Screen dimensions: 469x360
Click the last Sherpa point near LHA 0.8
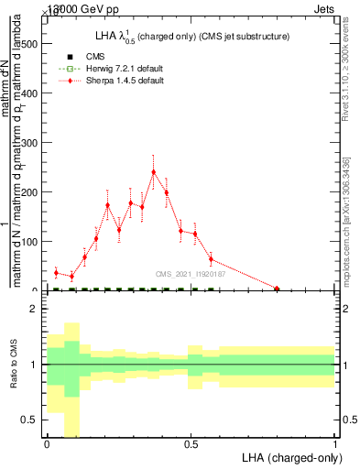(278, 289)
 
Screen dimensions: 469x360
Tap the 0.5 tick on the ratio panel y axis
(30, 420)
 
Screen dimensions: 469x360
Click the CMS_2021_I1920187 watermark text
(191, 273)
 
